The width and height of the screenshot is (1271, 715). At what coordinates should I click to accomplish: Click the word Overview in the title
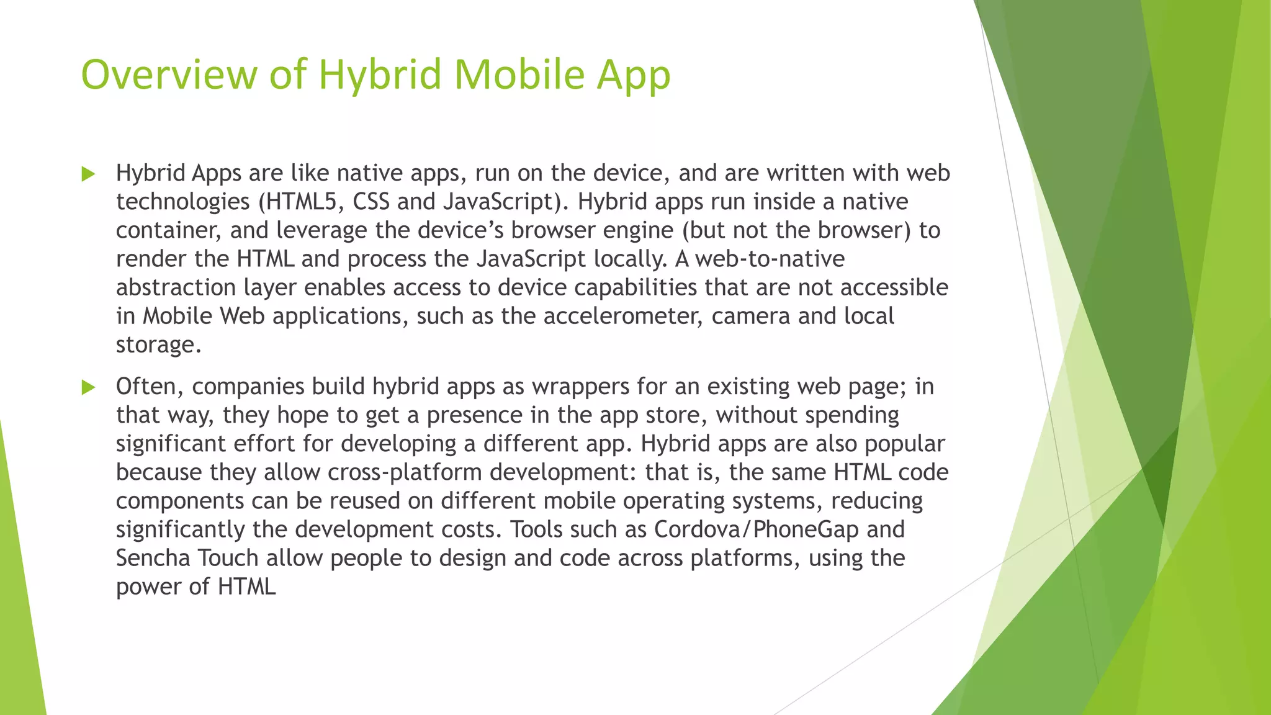point(168,74)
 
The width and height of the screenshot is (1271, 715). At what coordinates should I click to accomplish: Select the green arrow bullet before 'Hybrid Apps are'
point(89,174)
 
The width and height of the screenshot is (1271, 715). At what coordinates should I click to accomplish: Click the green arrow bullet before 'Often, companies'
point(89,388)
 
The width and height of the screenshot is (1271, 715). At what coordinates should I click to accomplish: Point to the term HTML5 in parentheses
point(300,202)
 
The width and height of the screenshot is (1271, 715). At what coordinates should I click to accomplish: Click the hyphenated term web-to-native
point(770,259)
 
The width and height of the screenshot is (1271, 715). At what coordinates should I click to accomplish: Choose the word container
point(169,231)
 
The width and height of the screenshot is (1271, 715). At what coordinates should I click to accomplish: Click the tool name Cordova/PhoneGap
point(757,529)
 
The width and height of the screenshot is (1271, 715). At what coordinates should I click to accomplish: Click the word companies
point(248,387)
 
